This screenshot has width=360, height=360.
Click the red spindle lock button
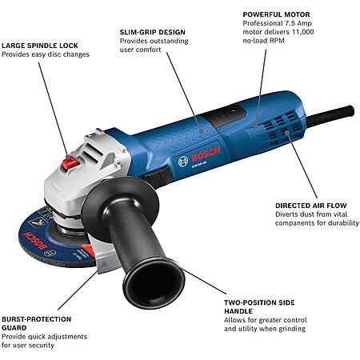click(70, 162)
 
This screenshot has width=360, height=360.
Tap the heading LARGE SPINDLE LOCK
click(40, 46)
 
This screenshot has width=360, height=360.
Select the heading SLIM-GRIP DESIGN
click(153, 32)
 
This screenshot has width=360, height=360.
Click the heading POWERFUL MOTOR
click(276, 14)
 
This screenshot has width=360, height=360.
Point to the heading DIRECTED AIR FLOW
click(311, 206)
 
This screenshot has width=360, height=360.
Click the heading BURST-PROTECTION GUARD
click(37, 323)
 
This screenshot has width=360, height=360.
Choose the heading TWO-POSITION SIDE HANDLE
click(259, 307)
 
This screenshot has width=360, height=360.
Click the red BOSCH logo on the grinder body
click(206, 154)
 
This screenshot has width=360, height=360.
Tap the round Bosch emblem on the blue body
click(183, 162)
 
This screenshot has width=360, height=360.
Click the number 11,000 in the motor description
click(302, 32)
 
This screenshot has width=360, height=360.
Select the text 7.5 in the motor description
click(287, 23)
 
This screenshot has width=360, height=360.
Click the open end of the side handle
click(154, 284)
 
